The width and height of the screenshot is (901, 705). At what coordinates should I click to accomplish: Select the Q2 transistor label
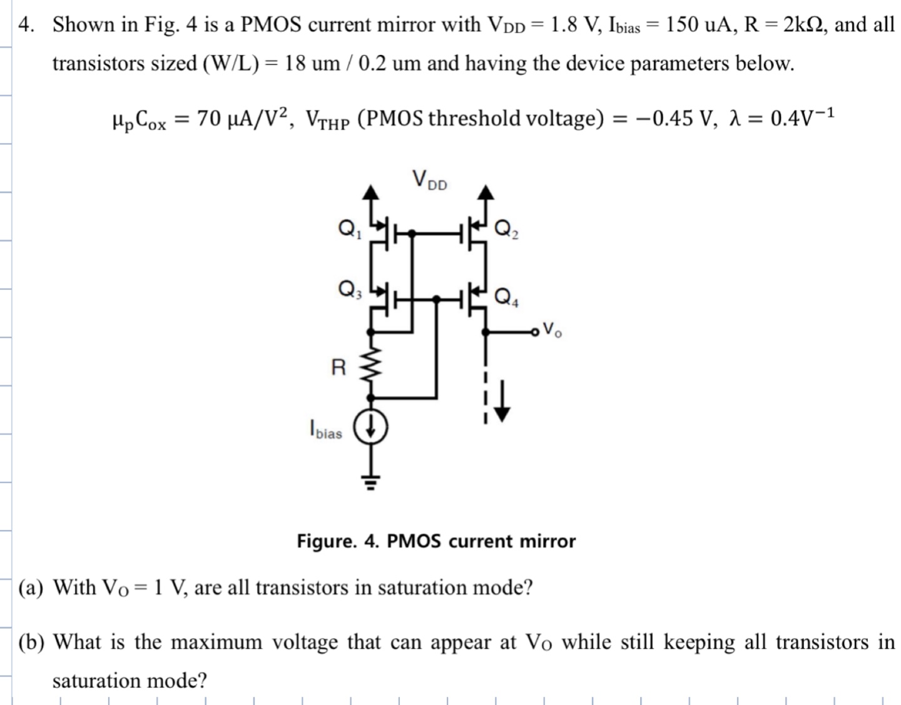[506, 230]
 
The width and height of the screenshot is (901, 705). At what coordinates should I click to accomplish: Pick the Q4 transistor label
[506, 297]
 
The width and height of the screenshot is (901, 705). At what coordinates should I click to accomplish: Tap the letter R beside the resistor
[338, 367]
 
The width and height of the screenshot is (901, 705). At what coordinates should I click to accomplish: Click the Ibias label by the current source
[325, 430]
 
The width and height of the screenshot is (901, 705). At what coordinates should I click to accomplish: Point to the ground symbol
[371, 482]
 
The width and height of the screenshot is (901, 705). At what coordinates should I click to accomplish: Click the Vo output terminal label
[552, 329]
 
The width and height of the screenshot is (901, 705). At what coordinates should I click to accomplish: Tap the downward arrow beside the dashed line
[503, 400]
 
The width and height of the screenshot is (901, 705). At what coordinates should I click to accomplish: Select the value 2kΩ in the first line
[805, 25]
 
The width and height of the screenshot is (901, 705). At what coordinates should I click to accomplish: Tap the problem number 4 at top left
[25, 25]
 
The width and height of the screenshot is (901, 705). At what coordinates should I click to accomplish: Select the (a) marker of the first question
[31, 588]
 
